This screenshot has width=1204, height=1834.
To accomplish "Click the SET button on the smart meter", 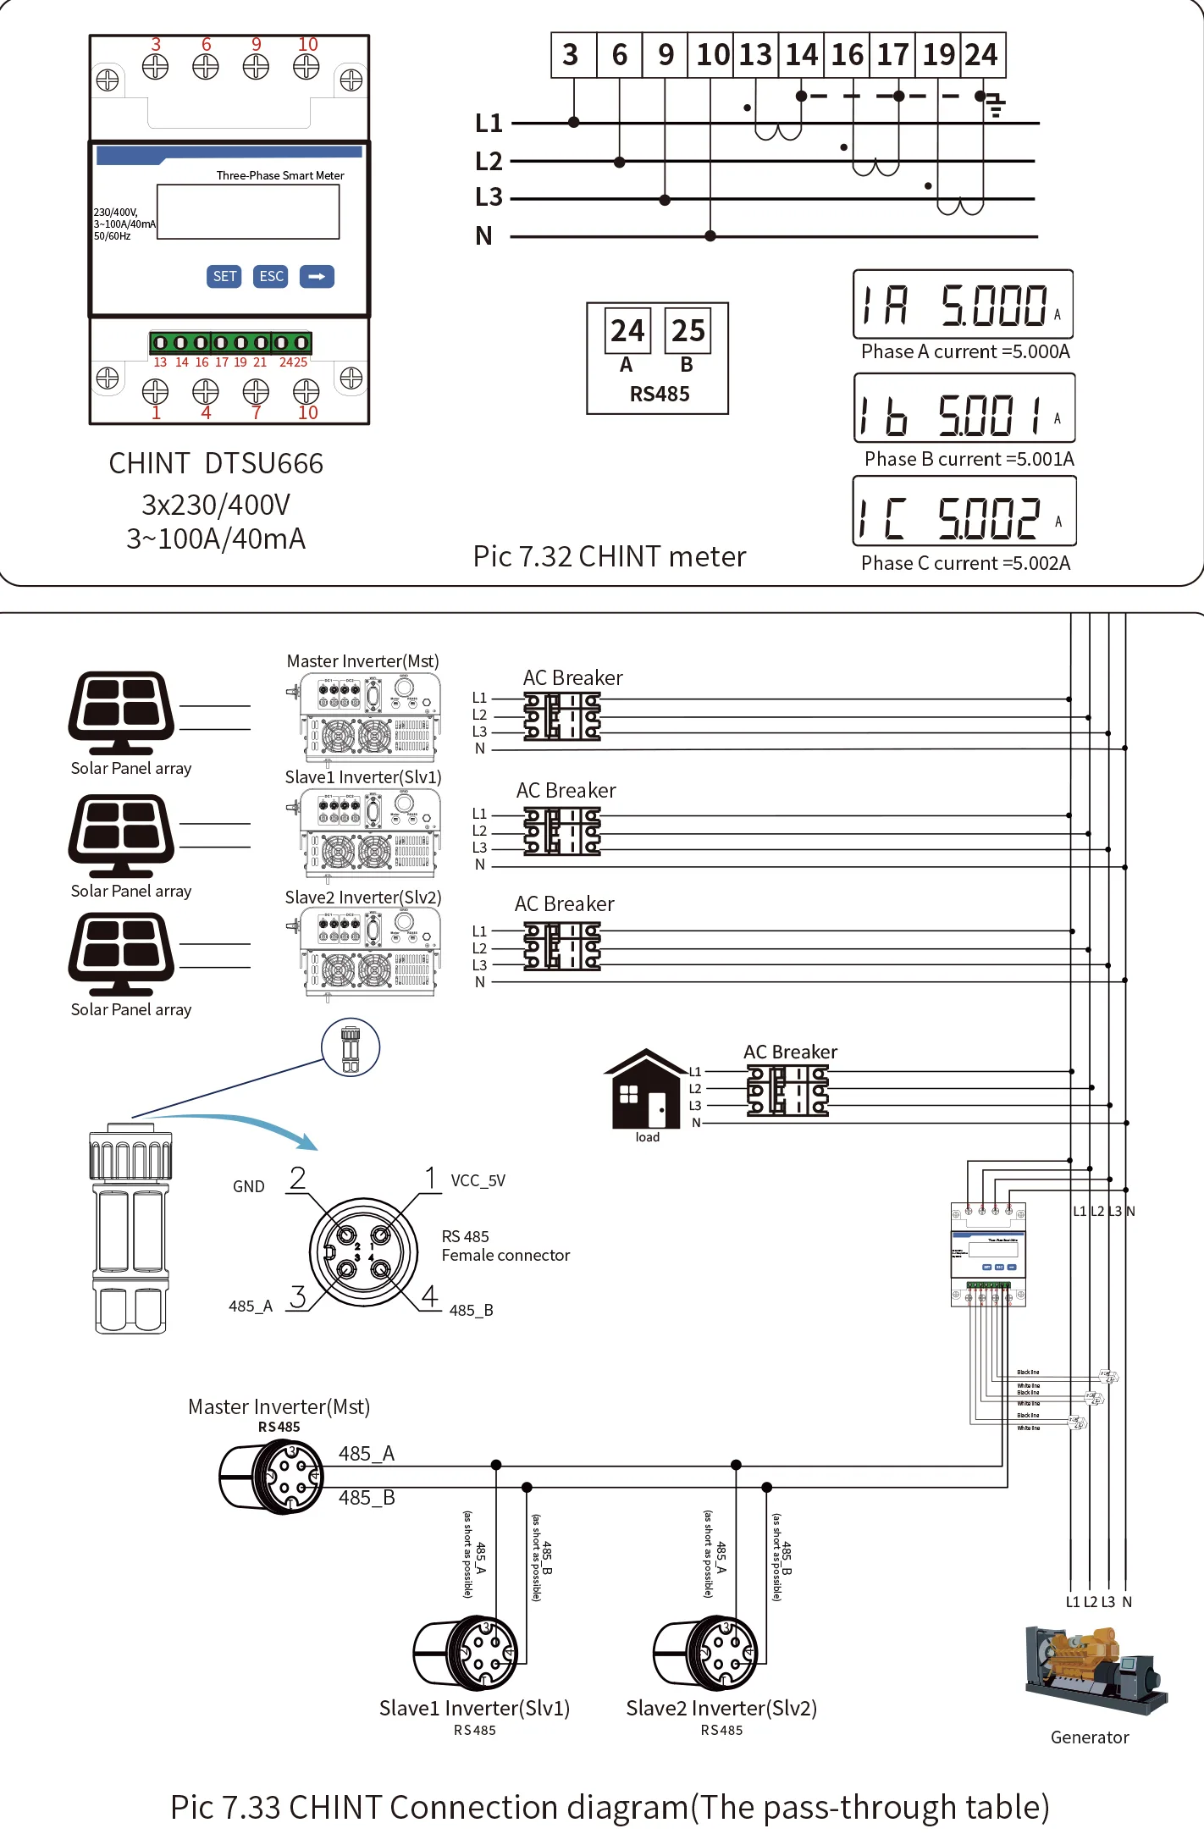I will (x=224, y=276).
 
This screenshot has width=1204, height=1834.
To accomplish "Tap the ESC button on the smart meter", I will (x=271, y=276).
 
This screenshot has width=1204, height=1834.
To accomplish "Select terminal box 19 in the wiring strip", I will (x=938, y=55).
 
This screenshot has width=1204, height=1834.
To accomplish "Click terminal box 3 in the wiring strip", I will (x=572, y=55).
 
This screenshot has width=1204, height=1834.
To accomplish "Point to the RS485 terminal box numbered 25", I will (x=688, y=330).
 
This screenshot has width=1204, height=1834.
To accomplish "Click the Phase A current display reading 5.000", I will (x=963, y=305).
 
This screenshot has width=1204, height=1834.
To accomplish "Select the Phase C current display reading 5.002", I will (x=964, y=511).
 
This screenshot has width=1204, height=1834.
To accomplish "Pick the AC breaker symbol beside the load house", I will (x=787, y=1090).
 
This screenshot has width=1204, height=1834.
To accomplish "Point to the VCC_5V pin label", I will (x=478, y=1180).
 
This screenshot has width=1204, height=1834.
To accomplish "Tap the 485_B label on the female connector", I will (x=471, y=1310).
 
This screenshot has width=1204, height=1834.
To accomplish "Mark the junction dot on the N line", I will (x=710, y=236).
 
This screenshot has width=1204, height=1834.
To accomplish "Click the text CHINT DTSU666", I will (x=216, y=463).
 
